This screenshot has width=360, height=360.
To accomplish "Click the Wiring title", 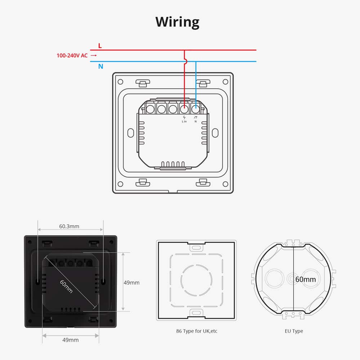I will [177, 22].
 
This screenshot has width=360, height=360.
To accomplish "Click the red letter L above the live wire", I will [100, 46].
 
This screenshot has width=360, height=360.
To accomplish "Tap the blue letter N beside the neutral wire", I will [100, 67].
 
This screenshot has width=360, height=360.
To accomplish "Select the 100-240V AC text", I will [72, 55].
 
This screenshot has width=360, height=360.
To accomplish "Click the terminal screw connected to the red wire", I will [184, 108].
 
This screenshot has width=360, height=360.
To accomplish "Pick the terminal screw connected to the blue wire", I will [196, 108].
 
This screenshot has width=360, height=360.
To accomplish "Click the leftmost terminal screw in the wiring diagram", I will [150, 108].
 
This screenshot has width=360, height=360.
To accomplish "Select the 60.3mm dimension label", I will [69, 226].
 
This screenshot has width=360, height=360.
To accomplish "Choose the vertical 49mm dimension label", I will [131, 283].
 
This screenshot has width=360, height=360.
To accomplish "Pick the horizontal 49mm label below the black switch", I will [71, 340].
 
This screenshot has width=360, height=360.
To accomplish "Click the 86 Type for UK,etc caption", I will [196, 331].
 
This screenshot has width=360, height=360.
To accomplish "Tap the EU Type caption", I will [293, 331].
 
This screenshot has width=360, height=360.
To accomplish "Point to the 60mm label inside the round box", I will [305, 279].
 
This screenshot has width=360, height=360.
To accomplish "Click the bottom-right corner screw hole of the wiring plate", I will [225, 184].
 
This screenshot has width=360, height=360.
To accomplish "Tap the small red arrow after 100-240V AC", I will [94, 55].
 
